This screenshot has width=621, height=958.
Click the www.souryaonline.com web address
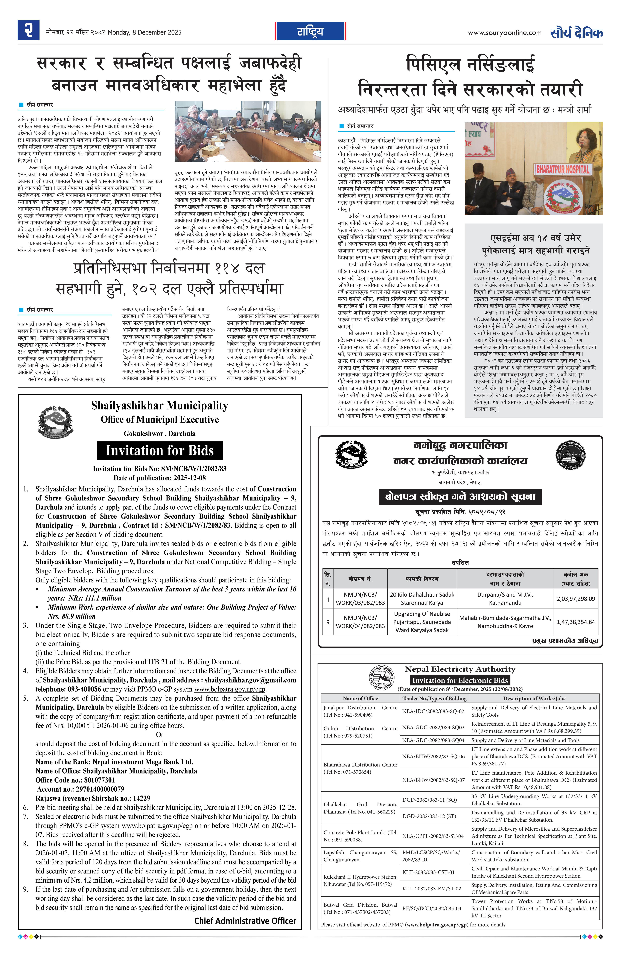(504, 33)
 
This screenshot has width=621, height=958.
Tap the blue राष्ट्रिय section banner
(310, 31)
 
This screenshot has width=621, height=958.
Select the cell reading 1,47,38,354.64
(575, 622)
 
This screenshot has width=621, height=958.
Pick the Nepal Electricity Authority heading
(460, 669)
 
